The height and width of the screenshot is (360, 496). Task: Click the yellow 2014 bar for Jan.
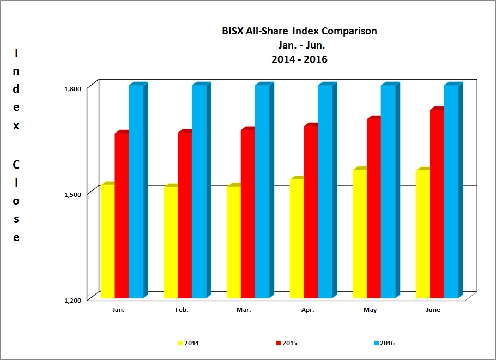(x=107, y=242)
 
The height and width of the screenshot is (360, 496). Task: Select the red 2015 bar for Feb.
(x=184, y=215)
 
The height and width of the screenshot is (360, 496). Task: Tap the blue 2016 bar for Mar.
(x=262, y=191)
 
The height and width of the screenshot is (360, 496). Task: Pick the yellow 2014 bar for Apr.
(x=297, y=238)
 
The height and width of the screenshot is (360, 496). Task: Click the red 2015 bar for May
(x=373, y=208)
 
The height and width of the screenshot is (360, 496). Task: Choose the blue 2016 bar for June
(x=451, y=191)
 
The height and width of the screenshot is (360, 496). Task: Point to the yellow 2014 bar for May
(x=360, y=234)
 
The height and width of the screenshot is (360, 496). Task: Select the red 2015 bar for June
(x=437, y=204)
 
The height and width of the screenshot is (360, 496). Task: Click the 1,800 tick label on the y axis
(x=73, y=88)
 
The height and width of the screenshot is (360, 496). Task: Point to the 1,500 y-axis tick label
(x=73, y=194)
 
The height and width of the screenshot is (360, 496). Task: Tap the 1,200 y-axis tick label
(x=73, y=300)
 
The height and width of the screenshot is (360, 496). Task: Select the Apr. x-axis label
(x=307, y=310)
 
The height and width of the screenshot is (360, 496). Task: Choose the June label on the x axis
(x=433, y=310)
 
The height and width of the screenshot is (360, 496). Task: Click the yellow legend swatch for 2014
(x=180, y=344)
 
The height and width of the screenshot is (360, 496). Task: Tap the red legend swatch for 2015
(x=279, y=344)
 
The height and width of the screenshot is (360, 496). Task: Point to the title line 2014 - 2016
(x=299, y=59)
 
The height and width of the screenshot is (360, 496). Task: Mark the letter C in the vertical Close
(x=16, y=164)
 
